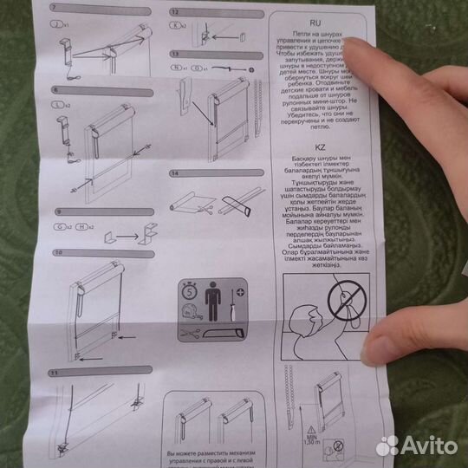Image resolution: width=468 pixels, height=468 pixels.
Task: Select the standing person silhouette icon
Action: tap(213, 306)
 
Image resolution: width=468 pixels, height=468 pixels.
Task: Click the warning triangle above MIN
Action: tap(310, 428)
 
